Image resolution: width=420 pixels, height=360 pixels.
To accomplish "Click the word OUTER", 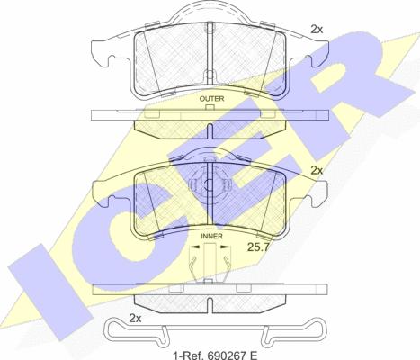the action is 211,99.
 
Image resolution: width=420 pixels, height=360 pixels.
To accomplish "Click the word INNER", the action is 211,236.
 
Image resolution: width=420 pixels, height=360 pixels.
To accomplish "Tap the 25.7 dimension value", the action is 258,247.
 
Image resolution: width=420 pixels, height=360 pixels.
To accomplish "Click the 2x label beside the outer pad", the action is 317,30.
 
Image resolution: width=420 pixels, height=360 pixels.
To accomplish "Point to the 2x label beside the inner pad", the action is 317,171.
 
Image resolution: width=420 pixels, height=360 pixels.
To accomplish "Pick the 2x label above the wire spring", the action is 135,318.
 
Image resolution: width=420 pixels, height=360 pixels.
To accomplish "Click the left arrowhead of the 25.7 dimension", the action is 195,247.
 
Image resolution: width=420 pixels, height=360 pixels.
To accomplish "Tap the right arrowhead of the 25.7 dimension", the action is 226,247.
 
